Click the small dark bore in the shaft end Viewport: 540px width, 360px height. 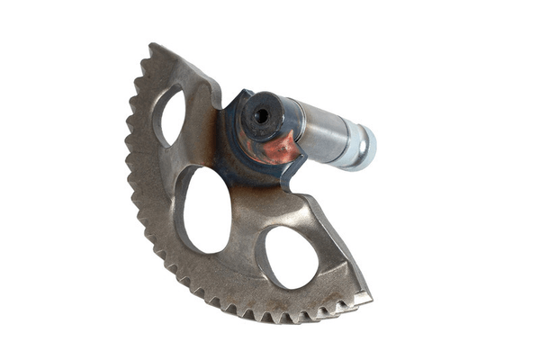pyautogui.click(x=262, y=116)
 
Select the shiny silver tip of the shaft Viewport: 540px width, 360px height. pyautogui.click(x=360, y=146)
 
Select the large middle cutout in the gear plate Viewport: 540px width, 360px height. pyautogui.click(x=206, y=209)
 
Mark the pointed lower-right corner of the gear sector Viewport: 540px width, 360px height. pyautogui.click(x=369, y=295)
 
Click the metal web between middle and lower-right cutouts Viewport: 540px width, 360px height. pyautogui.click(x=248, y=236)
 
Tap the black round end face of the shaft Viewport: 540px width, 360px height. pyautogui.click(x=262, y=114)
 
